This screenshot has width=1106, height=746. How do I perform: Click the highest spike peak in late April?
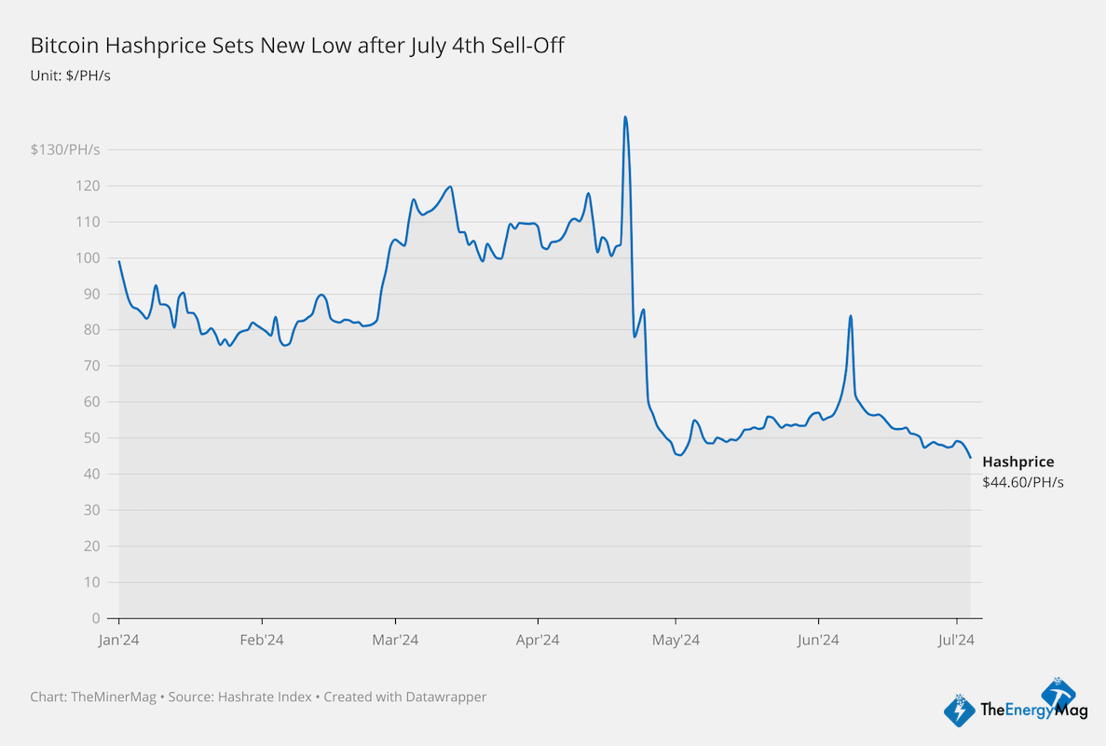point(624,117)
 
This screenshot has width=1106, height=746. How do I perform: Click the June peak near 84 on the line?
point(851,316)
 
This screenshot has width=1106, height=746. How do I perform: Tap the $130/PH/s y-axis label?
point(65,149)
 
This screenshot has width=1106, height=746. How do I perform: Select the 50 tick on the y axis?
point(91,438)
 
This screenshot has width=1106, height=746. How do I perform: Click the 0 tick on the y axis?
point(95,618)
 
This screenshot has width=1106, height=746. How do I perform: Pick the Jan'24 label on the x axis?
point(119,640)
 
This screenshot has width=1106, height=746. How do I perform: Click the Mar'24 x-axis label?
point(396,640)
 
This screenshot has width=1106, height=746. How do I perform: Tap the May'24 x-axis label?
point(676,640)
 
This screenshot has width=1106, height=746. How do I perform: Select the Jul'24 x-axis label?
point(956,640)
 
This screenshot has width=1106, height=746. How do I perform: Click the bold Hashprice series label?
point(1018,462)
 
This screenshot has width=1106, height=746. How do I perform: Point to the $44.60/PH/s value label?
point(1022,482)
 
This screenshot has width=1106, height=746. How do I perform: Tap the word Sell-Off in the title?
point(530,45)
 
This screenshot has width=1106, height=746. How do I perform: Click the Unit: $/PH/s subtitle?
point(71,75)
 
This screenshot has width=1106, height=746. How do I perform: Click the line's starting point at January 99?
point(119,262)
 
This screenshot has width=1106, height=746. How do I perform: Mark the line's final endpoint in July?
point(970,457)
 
